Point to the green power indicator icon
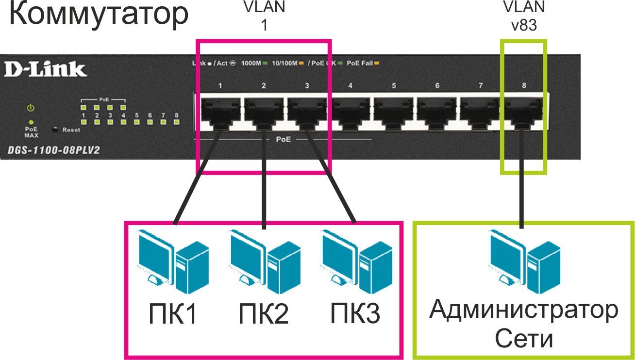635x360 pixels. [x=31, y=107]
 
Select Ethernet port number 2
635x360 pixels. [x=264, y=113]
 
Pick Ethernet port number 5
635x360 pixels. [x=394, y=113]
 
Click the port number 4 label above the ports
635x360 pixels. [x=350, y=86]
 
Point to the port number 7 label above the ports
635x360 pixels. [x=481, y=86]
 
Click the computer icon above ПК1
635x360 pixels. [x=173, y=262]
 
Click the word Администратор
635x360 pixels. [x=524, y=310]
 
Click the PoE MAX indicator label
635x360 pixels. [x=31, y=132]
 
